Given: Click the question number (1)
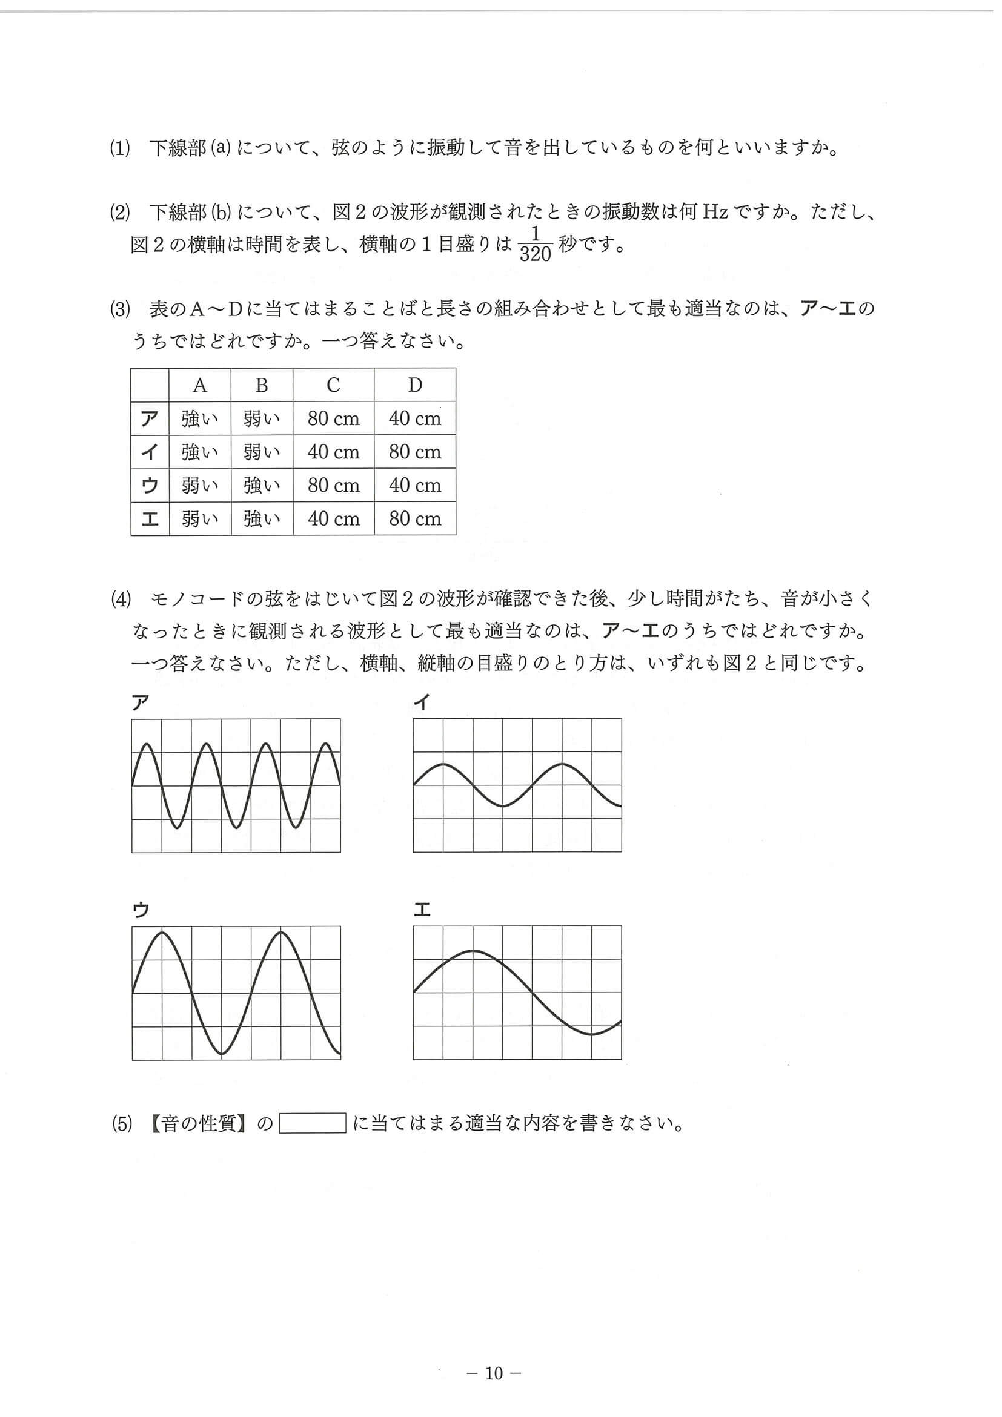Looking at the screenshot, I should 121,150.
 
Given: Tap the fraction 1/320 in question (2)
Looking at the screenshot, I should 535,245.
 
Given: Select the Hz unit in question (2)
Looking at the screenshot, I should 715,213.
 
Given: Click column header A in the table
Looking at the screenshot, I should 199,386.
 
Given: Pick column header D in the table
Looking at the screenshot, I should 415,386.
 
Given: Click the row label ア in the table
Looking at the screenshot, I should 150,419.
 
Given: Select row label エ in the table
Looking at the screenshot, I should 150,519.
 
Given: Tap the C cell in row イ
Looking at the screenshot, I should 333,452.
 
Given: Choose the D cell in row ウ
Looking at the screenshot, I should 415,486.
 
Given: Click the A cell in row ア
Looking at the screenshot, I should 199,419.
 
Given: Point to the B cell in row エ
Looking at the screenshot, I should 262,519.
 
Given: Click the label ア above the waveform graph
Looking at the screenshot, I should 141,703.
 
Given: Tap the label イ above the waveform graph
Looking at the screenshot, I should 422,703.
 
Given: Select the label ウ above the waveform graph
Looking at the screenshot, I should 141,910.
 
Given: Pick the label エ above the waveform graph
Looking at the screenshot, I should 422,910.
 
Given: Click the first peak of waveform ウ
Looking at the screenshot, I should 162,933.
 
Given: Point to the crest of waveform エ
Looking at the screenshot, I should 474,951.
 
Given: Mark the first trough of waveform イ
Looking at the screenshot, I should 503,806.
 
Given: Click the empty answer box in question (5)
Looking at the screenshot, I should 313,1123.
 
